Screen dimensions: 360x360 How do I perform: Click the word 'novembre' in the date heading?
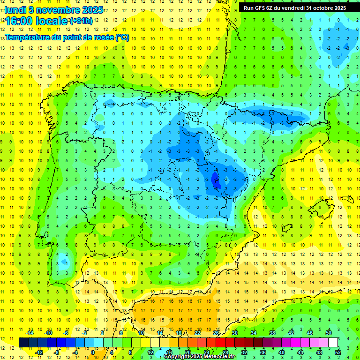(x=54, y=10)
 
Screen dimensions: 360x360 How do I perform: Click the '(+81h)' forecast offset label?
(x=81, y=21)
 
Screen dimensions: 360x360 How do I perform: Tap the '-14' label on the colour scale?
(x=30, y=332)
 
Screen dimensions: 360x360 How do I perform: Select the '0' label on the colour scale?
(x=93, y=352)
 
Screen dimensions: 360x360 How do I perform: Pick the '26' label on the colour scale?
(x=216, y=332)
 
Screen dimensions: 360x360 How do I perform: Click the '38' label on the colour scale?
(x=272, y=332)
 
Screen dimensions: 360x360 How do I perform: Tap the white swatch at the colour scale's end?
(x=333, y=342)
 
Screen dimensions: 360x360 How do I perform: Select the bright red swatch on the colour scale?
(x=220, y=342)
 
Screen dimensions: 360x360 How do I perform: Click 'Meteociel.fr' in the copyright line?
(x=218, y=357)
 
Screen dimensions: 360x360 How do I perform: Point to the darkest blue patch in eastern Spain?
(x=215, y=180)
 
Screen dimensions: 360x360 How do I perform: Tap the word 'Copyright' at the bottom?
(x=178, y=357)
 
